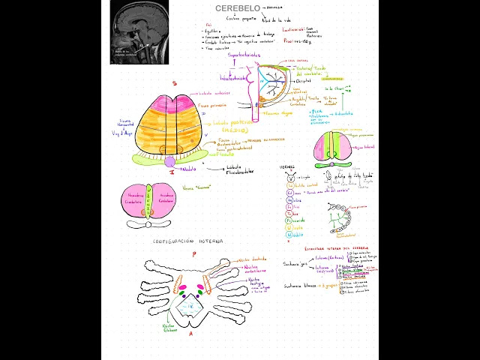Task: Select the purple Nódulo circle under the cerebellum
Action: coord(170,161)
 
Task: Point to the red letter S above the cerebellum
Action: coord(173,84)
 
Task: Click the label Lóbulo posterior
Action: coord(233,121)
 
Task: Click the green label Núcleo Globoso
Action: coord(169,329)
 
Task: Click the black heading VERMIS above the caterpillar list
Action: coord(286,166)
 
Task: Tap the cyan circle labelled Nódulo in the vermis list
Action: coord(289,234)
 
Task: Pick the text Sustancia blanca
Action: coord(300,286)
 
